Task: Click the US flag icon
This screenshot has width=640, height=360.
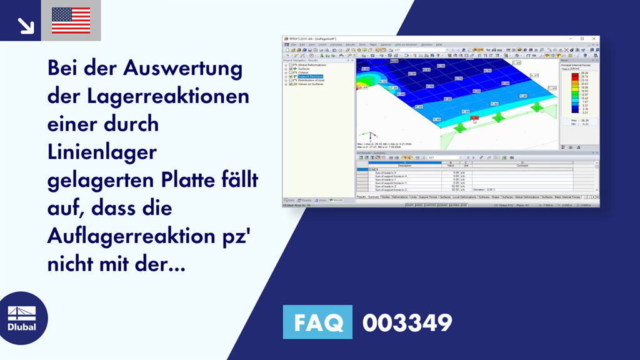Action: (71, 21)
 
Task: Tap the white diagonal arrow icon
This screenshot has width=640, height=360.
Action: (26, 26)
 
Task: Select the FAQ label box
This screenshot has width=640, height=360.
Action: (317, 322)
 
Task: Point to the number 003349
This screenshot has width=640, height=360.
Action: (407, 323)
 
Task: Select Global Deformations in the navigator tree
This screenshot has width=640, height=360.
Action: (312, 65)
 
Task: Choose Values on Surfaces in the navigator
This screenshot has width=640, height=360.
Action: (312, 84)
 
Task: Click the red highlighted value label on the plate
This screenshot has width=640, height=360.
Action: (474, 117)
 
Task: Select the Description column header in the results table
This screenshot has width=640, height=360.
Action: (405, 166)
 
